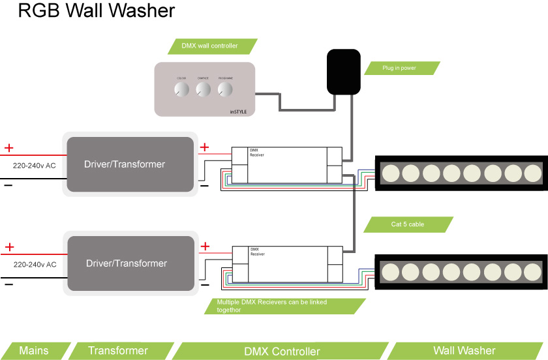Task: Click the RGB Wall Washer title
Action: (97, 11)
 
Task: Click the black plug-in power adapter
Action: (343, 71)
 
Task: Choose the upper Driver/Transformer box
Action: (130, 164)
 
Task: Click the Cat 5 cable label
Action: (408, 224)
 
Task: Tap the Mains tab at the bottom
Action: (34, 351)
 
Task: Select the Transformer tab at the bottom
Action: (118, 351)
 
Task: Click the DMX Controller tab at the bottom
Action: (282, 352)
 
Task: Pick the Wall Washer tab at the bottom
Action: (464, 351)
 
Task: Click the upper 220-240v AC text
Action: (35, 166)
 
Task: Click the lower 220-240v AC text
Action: (35, 265)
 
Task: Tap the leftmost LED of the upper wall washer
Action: (390, 173)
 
